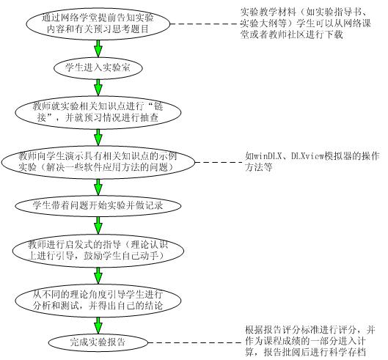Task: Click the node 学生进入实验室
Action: pyautogui.click(x=98, y=67)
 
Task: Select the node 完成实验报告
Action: pyautogui.click(x=98, y=342)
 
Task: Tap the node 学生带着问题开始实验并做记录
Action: pyautogui.click(x=98, y=206)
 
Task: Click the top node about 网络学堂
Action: pyautogui.click(x=98, y=24)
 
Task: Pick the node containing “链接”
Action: pyautogui.click(x=98, y=112)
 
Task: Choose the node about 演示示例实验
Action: pyautogui.click(x=98, y=162)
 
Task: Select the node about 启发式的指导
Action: pyautogui.click(x=98, y=251)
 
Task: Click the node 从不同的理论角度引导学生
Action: pyautogui.click(x=98, y=301)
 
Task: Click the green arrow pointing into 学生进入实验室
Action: pyautogui.click(x=98, y=48)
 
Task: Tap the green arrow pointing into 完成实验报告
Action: pyautogui.click(x=98, y=326)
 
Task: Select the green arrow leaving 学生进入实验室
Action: pyautogui.click(x=98, y=87)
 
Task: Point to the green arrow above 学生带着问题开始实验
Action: pyautogui.click(x=98, y=187)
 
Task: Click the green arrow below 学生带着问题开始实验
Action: pyautogui.click(x=98, y=226)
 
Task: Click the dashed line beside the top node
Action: pyautogui.click(x=205, y=24)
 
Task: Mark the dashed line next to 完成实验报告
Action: pyautogui.click(x=194, y=342)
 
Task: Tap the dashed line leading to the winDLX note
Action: pyautogui.click(x=218, y=162)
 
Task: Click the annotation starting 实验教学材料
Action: pyautogui.click(x=306, y=23)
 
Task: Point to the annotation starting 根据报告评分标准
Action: pyautogui.click(x=310, y=341)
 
